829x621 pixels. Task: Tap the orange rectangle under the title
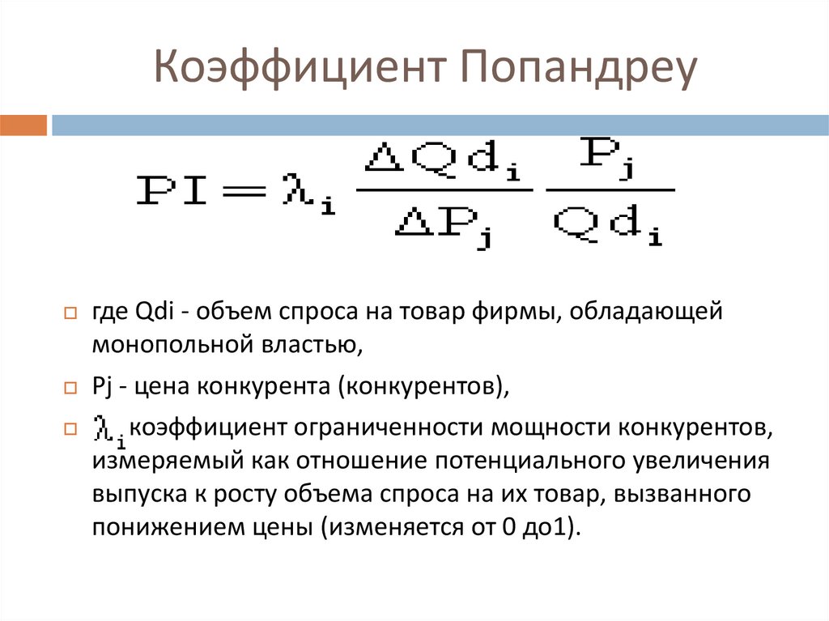point(23,125)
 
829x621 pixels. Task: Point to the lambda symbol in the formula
point(292,193)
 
